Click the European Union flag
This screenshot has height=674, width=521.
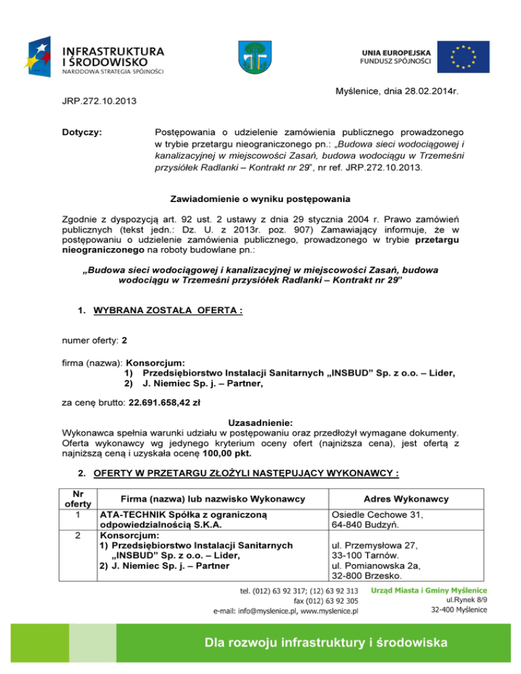(x=464, y=58)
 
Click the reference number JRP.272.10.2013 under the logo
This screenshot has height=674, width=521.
(x=95, y=102)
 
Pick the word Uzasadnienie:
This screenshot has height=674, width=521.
(x=260, y=420)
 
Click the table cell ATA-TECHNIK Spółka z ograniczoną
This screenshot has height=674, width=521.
(x=187, y=515)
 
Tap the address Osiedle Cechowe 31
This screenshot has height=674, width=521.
(x=378, y=515)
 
